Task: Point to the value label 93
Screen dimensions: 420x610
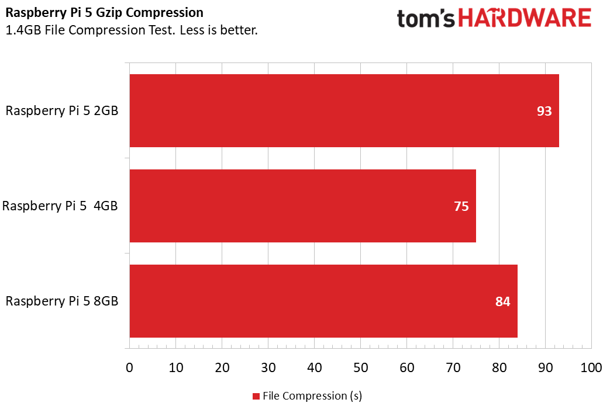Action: point(544,111)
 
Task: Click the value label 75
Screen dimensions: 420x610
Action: point(461,206)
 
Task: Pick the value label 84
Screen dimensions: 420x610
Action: point(503,301)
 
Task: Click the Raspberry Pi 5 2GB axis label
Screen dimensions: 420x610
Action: point(62,111)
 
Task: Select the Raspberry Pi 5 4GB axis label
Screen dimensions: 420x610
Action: point(60,206)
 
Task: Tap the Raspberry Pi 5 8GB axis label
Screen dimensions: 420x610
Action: point(62,301)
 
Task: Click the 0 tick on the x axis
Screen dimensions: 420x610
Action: point(129,368)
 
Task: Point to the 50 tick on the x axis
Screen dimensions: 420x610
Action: point(360,368)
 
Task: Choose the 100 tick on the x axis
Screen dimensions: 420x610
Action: point(591,368)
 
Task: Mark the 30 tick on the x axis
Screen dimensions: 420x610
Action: point(268,368)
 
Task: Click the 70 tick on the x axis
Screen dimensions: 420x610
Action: point(453,368)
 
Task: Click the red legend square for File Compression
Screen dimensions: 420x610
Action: point(256,397)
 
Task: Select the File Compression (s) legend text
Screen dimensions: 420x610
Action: point(312,396)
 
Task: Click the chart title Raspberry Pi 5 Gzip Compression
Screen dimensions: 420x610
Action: point(105,13)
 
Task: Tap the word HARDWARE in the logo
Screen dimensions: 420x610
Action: point(525,18)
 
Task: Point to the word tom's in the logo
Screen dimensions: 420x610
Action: point(426,19)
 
